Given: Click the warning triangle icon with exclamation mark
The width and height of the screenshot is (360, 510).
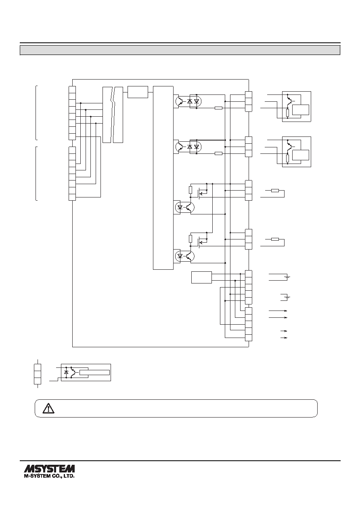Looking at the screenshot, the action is [x=48, y=408].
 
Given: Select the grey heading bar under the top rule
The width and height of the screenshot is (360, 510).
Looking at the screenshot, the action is [x=180, y=50].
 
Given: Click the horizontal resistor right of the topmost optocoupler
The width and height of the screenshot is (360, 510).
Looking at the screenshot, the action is [x=218, y=108].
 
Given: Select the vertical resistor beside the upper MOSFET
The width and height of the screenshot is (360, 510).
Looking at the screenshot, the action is [x=191, y=190].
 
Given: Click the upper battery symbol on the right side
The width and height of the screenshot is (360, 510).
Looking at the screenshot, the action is [x=288, y=277].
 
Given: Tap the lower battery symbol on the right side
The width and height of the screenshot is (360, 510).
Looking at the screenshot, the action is [x=288, y=297].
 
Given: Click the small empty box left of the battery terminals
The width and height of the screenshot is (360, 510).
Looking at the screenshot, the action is [x=201, y=277].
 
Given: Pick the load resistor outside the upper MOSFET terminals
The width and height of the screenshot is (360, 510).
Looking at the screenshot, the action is [x=275, y=191].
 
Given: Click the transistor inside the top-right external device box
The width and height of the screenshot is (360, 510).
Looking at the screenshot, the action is [x=289, y=101].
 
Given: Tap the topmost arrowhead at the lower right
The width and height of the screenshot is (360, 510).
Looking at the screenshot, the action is [x=286, y=311].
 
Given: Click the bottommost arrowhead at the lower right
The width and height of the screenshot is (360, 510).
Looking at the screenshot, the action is [x=286, y=338].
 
